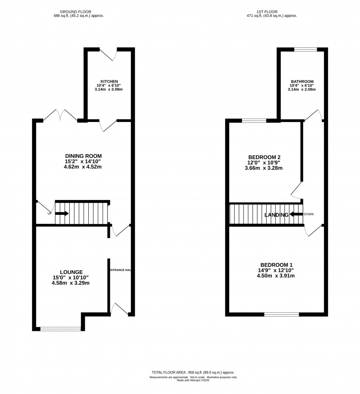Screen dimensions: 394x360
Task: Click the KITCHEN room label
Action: click(x=109, y=81)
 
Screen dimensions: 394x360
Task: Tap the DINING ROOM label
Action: click(x=83, y=156)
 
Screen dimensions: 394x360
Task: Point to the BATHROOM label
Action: click(x=302, y=81)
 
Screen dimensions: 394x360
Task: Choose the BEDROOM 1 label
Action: click(x=276, y=265)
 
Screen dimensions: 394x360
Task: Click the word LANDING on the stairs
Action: click(x=277, y=215)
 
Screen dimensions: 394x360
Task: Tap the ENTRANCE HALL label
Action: click(x=120, y=270)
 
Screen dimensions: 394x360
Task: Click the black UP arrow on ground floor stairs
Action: click(x=62, y=213)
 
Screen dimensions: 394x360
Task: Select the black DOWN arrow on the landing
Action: click(x=296, y=214)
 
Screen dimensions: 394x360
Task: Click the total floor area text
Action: click(x=193, y=372)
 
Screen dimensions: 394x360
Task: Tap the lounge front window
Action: click(x=61, y=329)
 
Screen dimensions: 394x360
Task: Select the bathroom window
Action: click(x=305, y=49)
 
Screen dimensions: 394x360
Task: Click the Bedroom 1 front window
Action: click(x=281, y=314)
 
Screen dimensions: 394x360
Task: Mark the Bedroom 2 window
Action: click(x=254, y=120)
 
